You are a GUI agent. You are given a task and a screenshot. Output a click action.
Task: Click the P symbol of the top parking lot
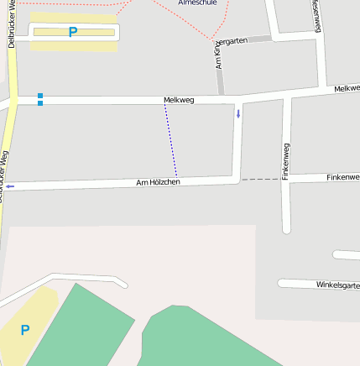click(x=73, y=33)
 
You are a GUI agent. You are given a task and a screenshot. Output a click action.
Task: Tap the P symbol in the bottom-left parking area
click(x=24, y=330)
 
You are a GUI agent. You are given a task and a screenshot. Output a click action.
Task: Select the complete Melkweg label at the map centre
click(x=179, y=100)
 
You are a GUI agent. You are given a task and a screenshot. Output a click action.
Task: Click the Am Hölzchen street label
click(x=158, y=182)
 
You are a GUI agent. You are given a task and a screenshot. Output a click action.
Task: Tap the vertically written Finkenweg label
click(x=286, y=161)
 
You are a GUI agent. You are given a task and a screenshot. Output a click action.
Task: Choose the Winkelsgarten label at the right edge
click(x=337, y=285)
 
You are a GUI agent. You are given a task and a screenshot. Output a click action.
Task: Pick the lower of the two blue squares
click(x=40, y=104)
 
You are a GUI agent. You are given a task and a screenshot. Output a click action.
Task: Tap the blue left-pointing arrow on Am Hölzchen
click(x=10, y=186)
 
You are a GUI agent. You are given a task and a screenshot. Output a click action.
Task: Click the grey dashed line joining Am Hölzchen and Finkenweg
click(x=261, y=179)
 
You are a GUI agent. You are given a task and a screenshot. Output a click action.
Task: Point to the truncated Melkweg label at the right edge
click(x=347, y=88)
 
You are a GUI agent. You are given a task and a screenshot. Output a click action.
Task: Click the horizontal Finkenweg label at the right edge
click(x=342, y=177)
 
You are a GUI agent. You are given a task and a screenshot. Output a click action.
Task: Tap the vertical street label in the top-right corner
click(x=316, y=15)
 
